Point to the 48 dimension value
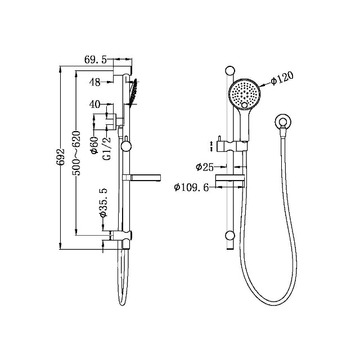click(x=94, y=82)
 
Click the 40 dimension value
click(x=94, y=105)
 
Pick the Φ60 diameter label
click(x=95, y=144)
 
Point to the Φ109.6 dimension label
click(x=192, y=187)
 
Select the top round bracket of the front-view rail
click(x=229, y=71)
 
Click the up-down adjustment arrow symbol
click(x=211, y=146)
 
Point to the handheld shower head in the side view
click(x=133, y=93)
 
